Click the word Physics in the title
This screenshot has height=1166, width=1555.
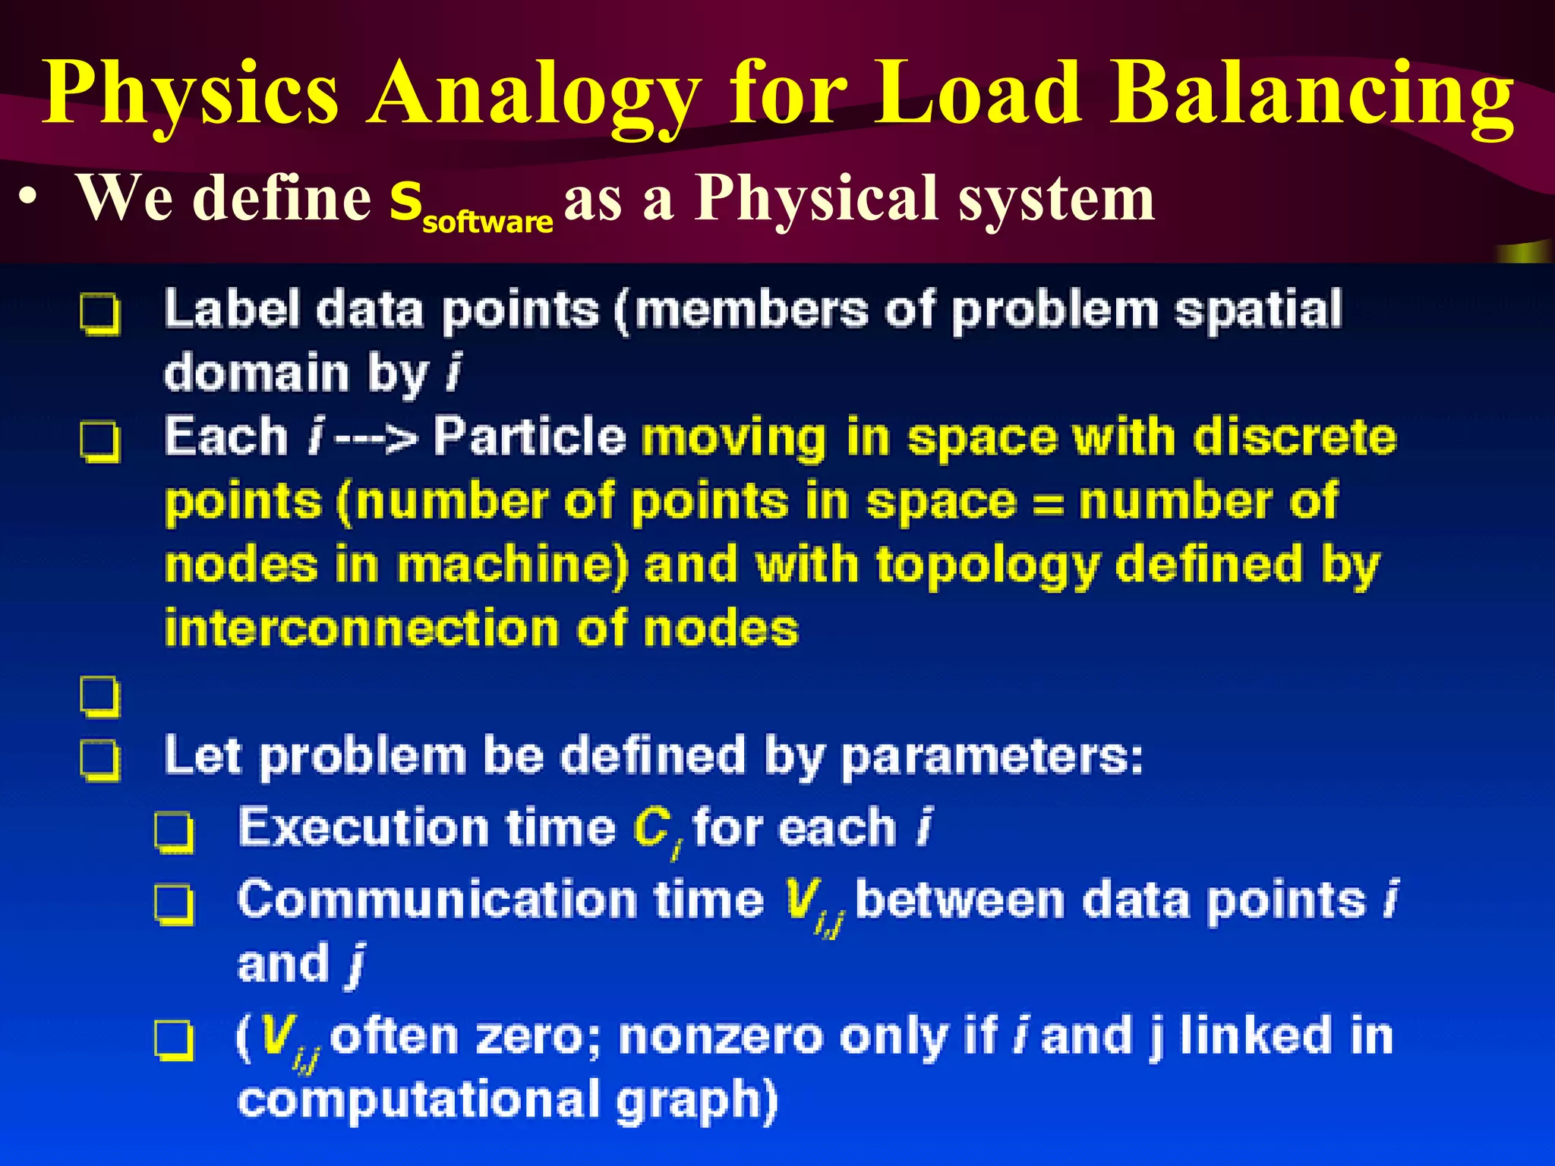coord(190,95)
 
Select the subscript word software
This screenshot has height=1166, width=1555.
coord(487,222)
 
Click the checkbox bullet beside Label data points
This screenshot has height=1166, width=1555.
coord(100,313)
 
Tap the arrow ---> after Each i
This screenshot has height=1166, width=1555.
coord(376,439)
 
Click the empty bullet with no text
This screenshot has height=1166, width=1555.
coord(100,695)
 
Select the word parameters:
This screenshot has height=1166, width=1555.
coord(992,758)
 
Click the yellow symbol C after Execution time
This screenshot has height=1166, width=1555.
coord(651,827)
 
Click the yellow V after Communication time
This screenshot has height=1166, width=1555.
coord(802,900)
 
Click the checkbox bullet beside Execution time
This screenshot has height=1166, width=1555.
coord(174,832)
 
